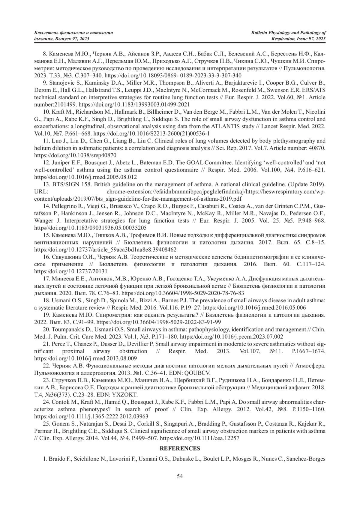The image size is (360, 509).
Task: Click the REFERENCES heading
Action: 180,448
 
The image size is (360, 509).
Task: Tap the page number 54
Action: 180,476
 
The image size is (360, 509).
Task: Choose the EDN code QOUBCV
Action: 200,373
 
